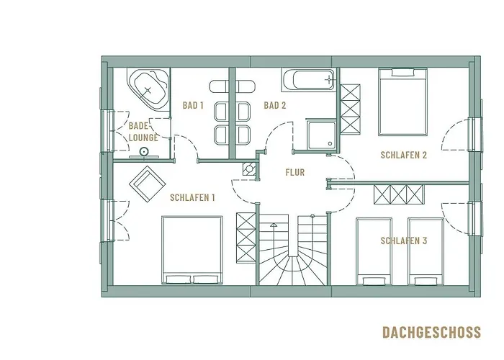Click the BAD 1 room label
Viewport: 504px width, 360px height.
pyautogui.click(x=193, y=106)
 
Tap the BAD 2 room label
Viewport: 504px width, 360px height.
pyautogui.click(x=275, y=106)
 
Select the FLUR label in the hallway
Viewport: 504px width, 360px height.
pyautogui.click(x=294, y=173)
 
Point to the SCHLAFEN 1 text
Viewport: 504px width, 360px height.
pyautogui.click(x=192, y=197)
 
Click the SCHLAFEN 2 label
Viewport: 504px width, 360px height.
pyautogui.click(x=405, y=155)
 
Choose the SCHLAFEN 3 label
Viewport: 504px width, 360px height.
pyautogui.click(x=404, y=241)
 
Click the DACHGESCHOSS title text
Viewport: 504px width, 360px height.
pyautogui.click(x=431, y=332)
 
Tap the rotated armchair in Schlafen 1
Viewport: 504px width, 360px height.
pyautogui.click(x=148, y=184)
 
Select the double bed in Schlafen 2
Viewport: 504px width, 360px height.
pyautogui.click(x=402, y=102)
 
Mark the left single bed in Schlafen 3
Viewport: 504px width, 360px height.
pyautogui.click(x=374, y=251)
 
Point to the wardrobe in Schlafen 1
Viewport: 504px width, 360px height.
pyautogui.click(x=246, y=240)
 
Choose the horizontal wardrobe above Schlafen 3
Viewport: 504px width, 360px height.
pyautogui.click(x=400, y=195)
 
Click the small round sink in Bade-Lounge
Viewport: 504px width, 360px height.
pyautogui.click(x=144, y=151)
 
